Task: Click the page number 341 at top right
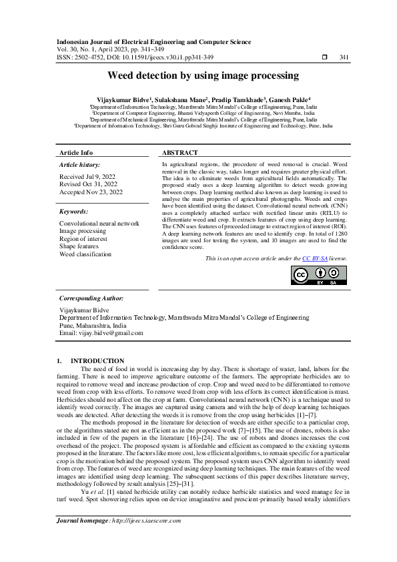coord(344,57)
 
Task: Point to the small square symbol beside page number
coord(324,57)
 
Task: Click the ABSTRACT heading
coord(180,153)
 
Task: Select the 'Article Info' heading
coord(76,153)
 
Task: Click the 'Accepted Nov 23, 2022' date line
coord(91,192)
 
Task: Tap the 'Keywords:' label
coord(73,210)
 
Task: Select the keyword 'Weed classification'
coord(85,254)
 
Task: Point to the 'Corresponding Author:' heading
coord(91,298)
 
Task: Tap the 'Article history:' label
coord(79,164)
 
